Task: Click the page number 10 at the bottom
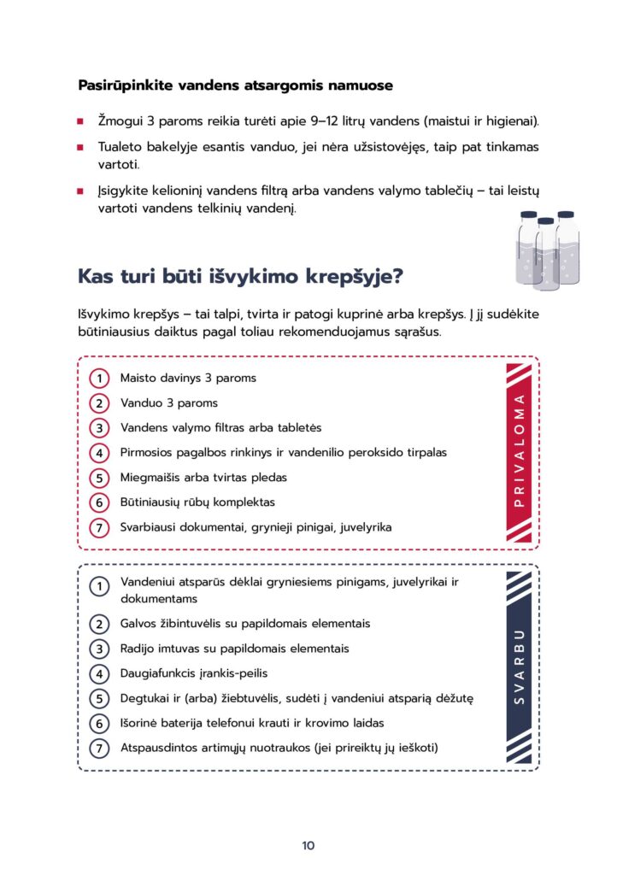click(x=308, y=846)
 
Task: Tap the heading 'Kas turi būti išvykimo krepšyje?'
click(x=240, y=277)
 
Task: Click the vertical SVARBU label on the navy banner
click(x=519, y=668)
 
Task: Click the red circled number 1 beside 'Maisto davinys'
click(x=100, y=378)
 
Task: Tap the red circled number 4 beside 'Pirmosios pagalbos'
click(x=100, y=453)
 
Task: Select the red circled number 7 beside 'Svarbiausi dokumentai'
click(x=100, y=528)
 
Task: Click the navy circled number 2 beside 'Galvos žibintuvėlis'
click(x=100, y=625)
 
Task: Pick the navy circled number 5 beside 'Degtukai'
click(x=100, y=699)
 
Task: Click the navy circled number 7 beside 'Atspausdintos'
click(x=100, y=749)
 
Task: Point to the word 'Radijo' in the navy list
click(x=138, y=649)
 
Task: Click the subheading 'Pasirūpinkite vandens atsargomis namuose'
click(x=235, y=85)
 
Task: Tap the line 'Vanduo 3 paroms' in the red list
click(x=169, y=403)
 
